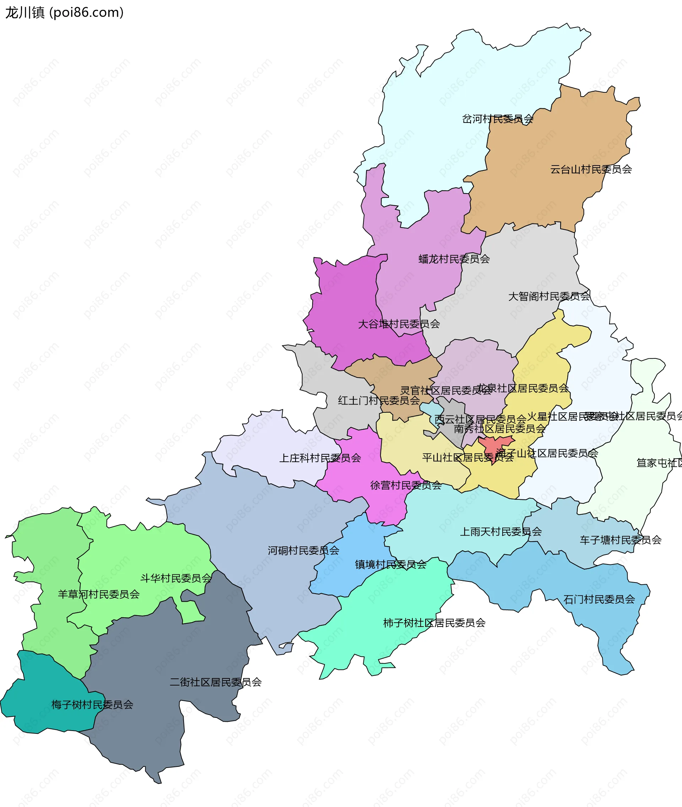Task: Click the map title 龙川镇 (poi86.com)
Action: pyautogui.click(x=64, y=13)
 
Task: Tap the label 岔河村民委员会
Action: pyautogui.click(x=498, y=119)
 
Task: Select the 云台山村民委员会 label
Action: pyautogui.click(x=591, y=169)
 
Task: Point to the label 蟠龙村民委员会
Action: pyautogui.click(x=454, y=259)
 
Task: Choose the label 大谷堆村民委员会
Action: pyautogui.click(x=399, y=324)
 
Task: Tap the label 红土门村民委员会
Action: pyautogui.click(x=379, y=401)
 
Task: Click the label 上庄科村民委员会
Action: pyautogui.click(x=320, y=458)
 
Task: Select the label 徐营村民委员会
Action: pyautogui.click(x=406, y=485)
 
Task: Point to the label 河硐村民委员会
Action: pyautogui.click(x=303, y=551)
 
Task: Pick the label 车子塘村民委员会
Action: pyautogui.click(x=620, y=540)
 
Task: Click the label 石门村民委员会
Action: pyautogui.click(x=599, y=600)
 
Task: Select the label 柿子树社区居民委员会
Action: pyautogui.click(x=434, y=623)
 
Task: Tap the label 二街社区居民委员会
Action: pyautogui.click(x=215, y=682)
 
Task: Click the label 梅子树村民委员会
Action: pyautogui.click(x=92, y=705)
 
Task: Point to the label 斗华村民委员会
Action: pyautogui.click(x=175, y=578)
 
